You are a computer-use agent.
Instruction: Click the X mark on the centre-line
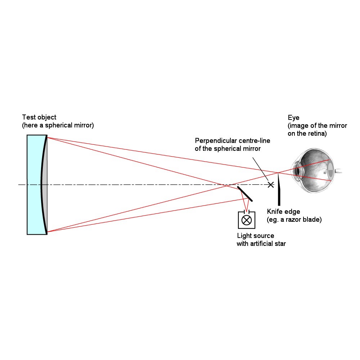point(271,185)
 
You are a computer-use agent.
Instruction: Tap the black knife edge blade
point(279,190)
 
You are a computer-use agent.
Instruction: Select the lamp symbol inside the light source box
point(247,220)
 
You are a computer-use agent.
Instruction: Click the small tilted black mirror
point(245,194)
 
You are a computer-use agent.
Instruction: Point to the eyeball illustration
point(315,170)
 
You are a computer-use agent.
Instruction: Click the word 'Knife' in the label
point(274,211)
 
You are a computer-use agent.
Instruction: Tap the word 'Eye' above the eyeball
point(293,118)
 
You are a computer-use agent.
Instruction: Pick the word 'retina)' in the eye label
point(317,134)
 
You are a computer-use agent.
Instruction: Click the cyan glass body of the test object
point(33,185)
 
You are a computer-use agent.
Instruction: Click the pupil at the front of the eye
point(298,171)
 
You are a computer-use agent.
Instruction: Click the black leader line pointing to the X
point(260,169)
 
